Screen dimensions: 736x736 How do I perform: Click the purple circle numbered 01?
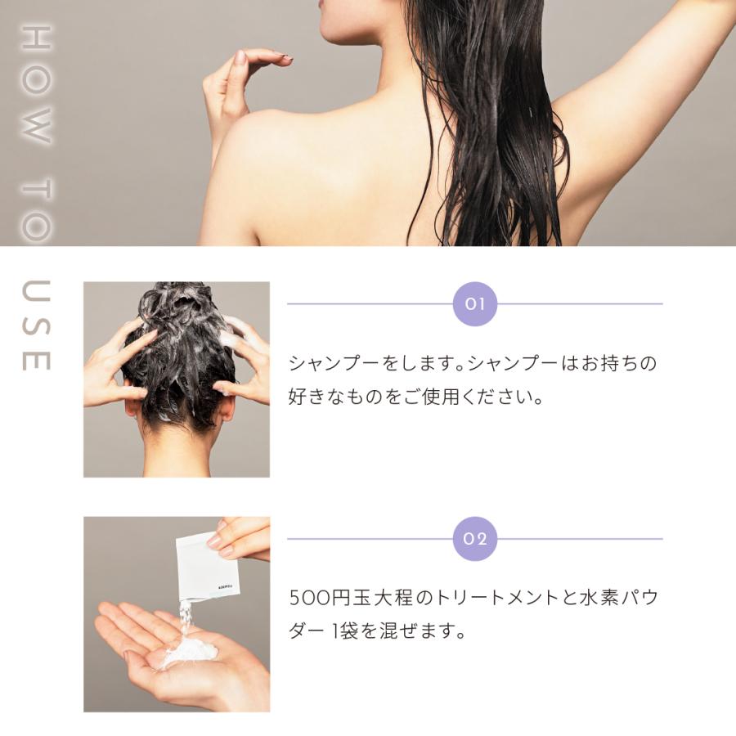(475, 304)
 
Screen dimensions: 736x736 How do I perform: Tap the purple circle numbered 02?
(475, 539)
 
